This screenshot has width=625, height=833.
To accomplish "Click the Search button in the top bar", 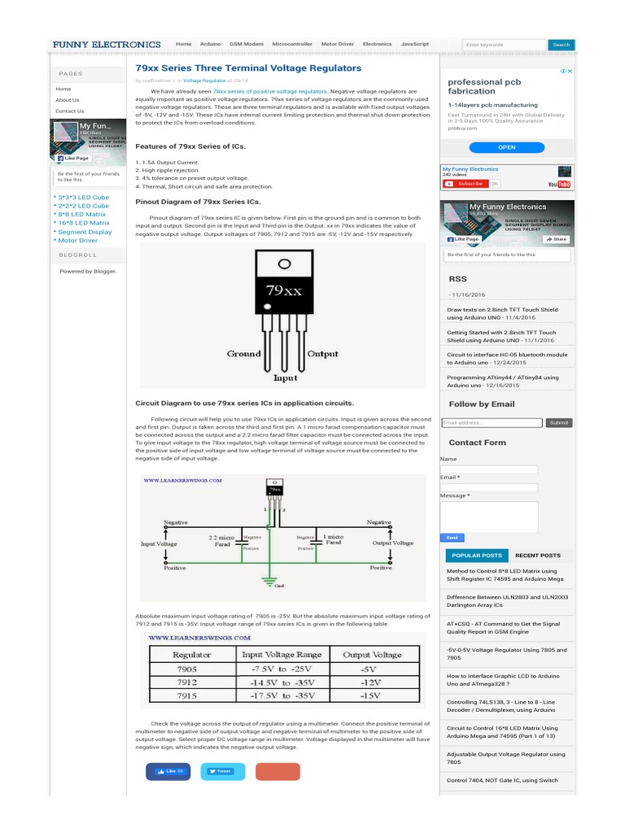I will tap(562, 45).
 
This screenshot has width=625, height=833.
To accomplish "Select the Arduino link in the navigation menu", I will tap(210, 44).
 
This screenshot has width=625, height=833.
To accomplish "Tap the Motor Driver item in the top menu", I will tap(338, 44).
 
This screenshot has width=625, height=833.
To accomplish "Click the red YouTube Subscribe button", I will tap(465, 184).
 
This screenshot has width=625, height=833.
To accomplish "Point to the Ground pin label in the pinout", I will tap(243, 354).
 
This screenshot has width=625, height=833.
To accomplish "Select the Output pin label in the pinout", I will tap(322, 354).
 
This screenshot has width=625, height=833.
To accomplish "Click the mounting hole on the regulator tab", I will tap(284, 264).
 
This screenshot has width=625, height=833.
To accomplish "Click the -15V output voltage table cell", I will tap(371, 696).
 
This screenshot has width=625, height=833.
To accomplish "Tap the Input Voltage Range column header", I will tap(281, 654).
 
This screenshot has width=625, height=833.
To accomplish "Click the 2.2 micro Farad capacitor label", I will tap(221, 540).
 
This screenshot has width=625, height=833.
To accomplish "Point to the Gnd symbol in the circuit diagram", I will tap(278, 584).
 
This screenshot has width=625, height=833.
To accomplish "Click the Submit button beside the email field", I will tap(559, 423).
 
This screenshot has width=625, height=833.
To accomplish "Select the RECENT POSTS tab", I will tap(537, 556).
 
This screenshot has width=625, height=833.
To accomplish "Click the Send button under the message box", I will tap(452, 538).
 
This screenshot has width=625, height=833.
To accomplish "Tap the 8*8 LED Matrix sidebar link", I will tap(81, 214).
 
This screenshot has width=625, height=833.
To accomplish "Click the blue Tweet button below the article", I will tap(222, 771).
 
